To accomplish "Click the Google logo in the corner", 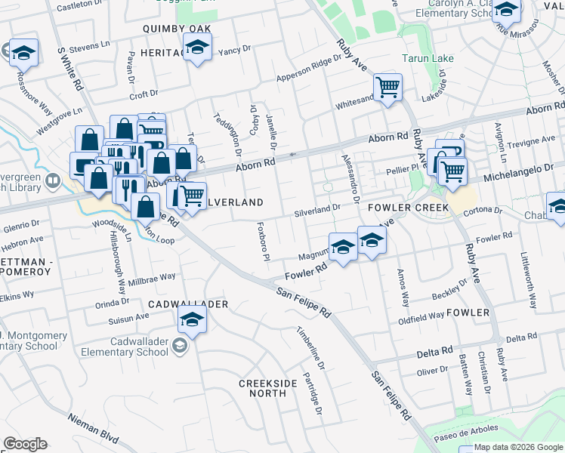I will pyautogui.click(x=25, y=444).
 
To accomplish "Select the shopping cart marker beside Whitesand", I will pyautogui.click(x=387, y=87).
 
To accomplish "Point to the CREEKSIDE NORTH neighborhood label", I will pyautogui.click(x=268, y=390).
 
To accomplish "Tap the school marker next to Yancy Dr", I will pyautogui.click(x=197, y=49).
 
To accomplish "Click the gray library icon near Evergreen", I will pyautogui.click(x=52, y=180).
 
